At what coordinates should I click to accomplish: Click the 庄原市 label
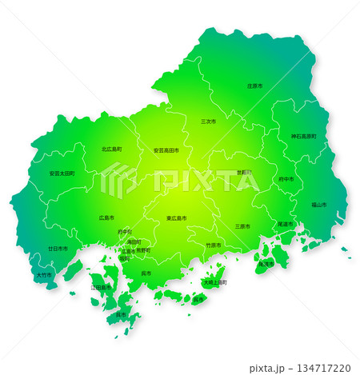click(x=254, y=85)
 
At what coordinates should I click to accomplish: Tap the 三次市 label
click(x=208, y=122)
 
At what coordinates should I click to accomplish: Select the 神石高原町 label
click(x=303, y=136)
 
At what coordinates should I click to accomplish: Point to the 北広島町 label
click(x=111, y=150)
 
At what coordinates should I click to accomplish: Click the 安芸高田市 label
click(x=166, y=150)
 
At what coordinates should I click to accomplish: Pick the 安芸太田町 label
click(x=62, y=173)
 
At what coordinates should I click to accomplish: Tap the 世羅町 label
click(x=243, y=172)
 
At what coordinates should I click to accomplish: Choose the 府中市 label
click(x=286, y=179)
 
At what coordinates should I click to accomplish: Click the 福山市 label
click(x=318, y=205)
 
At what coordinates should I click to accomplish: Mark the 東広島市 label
click(x=178, y=217)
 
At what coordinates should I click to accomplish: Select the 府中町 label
click(x=125, y=232)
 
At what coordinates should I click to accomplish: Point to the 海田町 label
click(x=134, y=241)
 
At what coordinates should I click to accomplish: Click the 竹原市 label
click(x=214, y=245)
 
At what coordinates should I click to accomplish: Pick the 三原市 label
click(x=243, y=225)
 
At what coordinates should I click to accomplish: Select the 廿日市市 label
click(x=58, y=249)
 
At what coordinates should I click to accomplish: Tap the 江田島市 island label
click(x=101, y=286)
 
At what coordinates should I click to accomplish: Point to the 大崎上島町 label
click(x=215, y=282)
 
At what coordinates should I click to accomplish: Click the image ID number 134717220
click(x=325, y=369)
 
